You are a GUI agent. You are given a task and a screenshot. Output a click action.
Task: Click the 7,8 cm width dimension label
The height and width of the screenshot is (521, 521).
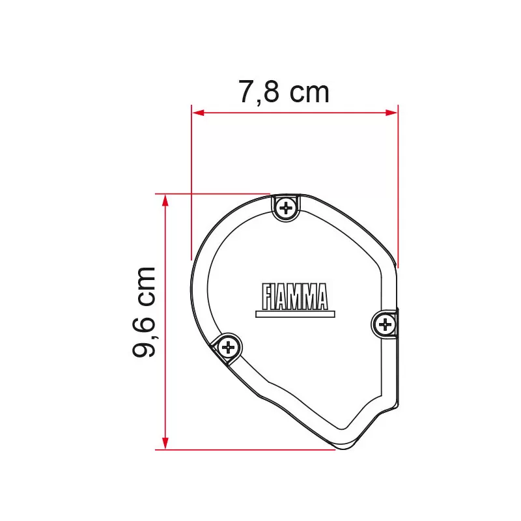284,92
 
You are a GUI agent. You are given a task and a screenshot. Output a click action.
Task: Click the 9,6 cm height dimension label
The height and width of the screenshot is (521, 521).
144,312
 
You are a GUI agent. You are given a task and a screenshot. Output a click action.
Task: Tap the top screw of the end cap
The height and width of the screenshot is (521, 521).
286,208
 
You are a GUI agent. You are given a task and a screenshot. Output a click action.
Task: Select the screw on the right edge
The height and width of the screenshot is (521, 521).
385,324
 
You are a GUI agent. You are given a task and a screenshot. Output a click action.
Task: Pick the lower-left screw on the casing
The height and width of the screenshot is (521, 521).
229,348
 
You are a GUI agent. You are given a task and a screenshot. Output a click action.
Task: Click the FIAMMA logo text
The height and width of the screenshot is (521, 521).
294,297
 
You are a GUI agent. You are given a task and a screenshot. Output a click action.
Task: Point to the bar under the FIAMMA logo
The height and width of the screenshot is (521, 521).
295,314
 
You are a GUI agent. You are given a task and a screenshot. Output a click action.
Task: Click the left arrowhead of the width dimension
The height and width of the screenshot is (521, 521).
198,113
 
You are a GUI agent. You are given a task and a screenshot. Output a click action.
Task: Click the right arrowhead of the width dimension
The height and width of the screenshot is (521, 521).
391,113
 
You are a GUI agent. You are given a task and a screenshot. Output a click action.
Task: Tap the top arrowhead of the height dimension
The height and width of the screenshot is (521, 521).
165,201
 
